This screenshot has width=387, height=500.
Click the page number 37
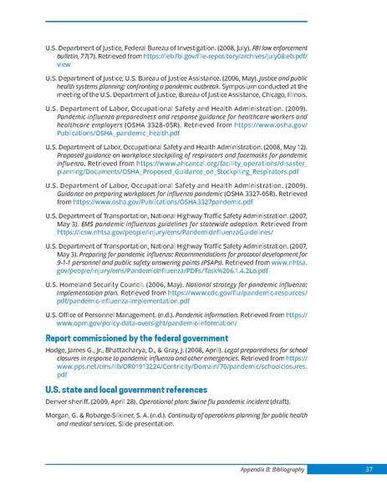(x=369, y=468)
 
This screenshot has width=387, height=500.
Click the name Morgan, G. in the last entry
(x=64, y=418)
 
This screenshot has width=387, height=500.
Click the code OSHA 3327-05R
(x=243, y=192)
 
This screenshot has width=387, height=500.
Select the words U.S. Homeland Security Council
(x=93, y=285)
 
